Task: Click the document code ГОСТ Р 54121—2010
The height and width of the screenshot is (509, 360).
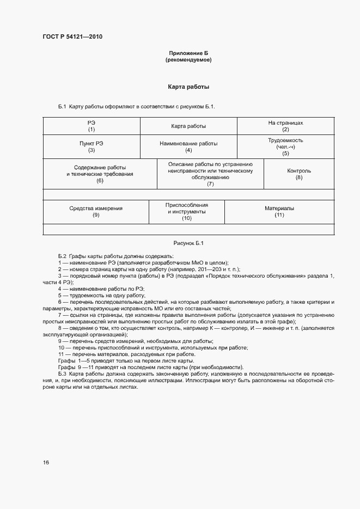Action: (73, 37)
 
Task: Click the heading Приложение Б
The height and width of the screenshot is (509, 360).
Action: (188, 53)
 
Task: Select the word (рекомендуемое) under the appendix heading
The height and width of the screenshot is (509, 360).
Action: (188, 60)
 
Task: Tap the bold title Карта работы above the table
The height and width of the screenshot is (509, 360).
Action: (188, 87)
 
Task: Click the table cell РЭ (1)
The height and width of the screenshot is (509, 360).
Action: (91, 126)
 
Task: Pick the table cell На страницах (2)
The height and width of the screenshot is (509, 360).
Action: (285, 126)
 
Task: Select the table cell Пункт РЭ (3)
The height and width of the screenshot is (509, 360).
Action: (91, 147)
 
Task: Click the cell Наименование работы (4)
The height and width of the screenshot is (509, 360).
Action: (188, 147)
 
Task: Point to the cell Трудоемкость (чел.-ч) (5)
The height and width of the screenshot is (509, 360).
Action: (285, 147)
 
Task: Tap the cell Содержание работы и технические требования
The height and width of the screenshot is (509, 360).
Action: (100, 174)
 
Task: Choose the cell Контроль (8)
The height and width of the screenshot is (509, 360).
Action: (298, 174)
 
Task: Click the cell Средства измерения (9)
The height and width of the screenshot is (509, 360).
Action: (96, 212)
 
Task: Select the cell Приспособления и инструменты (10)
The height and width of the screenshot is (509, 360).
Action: (187, 211)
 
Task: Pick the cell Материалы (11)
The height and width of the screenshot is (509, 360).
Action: (279, 212)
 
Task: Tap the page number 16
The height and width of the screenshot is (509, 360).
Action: (46, 462)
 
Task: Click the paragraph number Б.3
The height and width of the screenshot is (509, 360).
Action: (62, 374)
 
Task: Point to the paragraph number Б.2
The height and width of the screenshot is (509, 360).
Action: (62, 256)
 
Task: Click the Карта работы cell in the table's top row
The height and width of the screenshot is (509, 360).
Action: (188, 126)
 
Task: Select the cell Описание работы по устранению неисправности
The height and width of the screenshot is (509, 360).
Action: (210, 174)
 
